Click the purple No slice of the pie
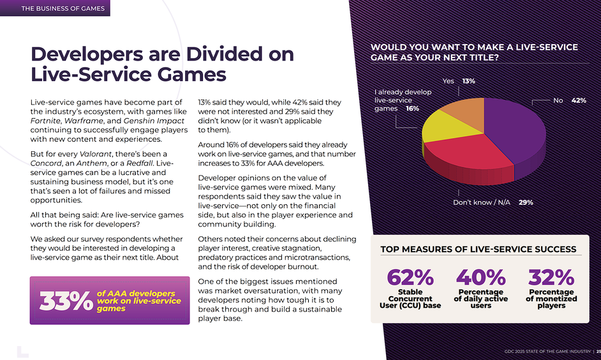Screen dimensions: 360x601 [x=517, y=131]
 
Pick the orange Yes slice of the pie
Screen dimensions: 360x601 [x=463, y=109]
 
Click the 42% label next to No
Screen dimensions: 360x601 [x=579, y=101]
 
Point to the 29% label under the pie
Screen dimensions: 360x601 [x=525, y=202]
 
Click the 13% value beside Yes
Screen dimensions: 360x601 [x=468, y=82]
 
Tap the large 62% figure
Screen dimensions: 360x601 [x=410, y=278]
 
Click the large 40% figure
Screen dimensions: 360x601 [x=480, y=278]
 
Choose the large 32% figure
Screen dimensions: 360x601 [x=551, y=278]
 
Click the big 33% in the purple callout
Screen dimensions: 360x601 [x=66, y=301]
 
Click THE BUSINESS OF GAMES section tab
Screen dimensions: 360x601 [x=54, y=8]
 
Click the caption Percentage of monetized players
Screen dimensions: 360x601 [x=551, y=299]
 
